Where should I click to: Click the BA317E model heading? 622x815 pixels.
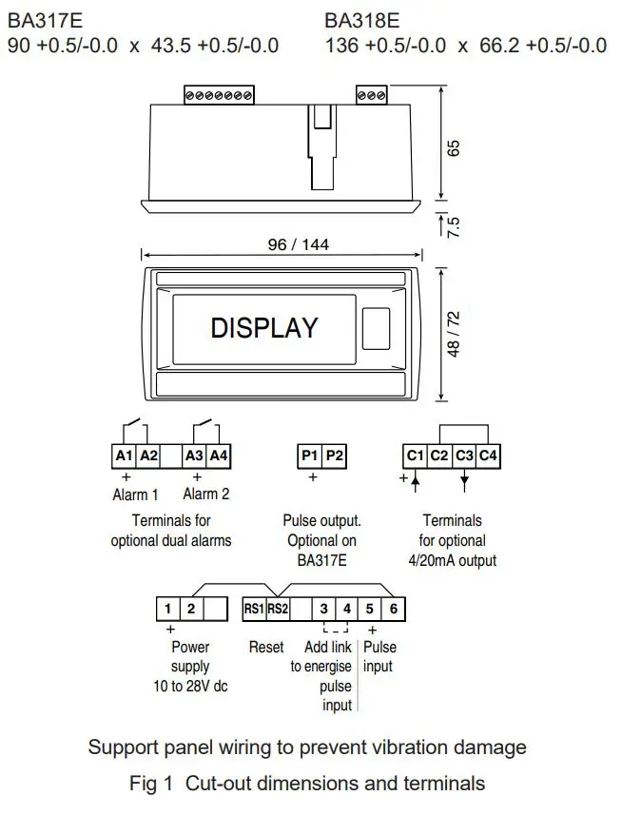pyautogui.click(x=43, y=20)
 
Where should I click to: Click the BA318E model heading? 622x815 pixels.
pyautogui.click(x=361, y=20)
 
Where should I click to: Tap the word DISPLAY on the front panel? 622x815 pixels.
pyautogui.click(x=263, y=328)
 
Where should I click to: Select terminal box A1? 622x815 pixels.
pyautogui.click(x=125, y=456)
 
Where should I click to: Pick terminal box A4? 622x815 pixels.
pyautogui.click(x=219, y=456)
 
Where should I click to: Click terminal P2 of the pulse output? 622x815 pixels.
pyautogui.click(x=334, y=456)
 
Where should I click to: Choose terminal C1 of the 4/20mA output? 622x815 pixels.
pyautogui.click(x=415, y=456)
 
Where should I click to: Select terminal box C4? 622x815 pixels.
pyautogui.click(x=488, y=456)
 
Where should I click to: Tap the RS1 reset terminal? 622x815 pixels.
pyautogui.click(x=253, y=608)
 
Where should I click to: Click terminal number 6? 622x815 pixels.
pyautogui.click(x=394, y=608)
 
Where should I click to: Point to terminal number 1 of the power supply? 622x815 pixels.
pyautogui.click(x=167, y=608)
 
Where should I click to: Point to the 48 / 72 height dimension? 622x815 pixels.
pyautogui.click(x=454, y=333)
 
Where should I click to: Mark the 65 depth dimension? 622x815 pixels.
pyautogui.click(x=454, y=148)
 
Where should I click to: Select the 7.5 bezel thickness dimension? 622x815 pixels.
pyautogui.click(x=454, y=225)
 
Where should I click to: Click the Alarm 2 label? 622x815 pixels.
pyautogui.click(x=205, y=495)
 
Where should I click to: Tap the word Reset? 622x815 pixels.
pyautogui.click(x=266, y=647)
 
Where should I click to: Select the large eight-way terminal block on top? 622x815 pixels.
pyautogui.click(x=219, y=95)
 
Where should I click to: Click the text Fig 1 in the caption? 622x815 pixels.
pyautogui.click(x=153, y=785)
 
